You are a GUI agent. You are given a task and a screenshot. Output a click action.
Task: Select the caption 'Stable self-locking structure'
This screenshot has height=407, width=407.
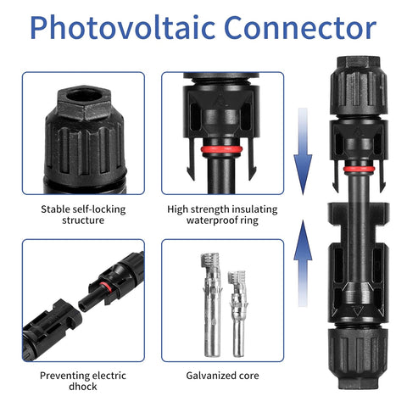point(84,214)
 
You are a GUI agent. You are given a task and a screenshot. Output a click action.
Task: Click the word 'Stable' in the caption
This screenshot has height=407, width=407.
point(56,208)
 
